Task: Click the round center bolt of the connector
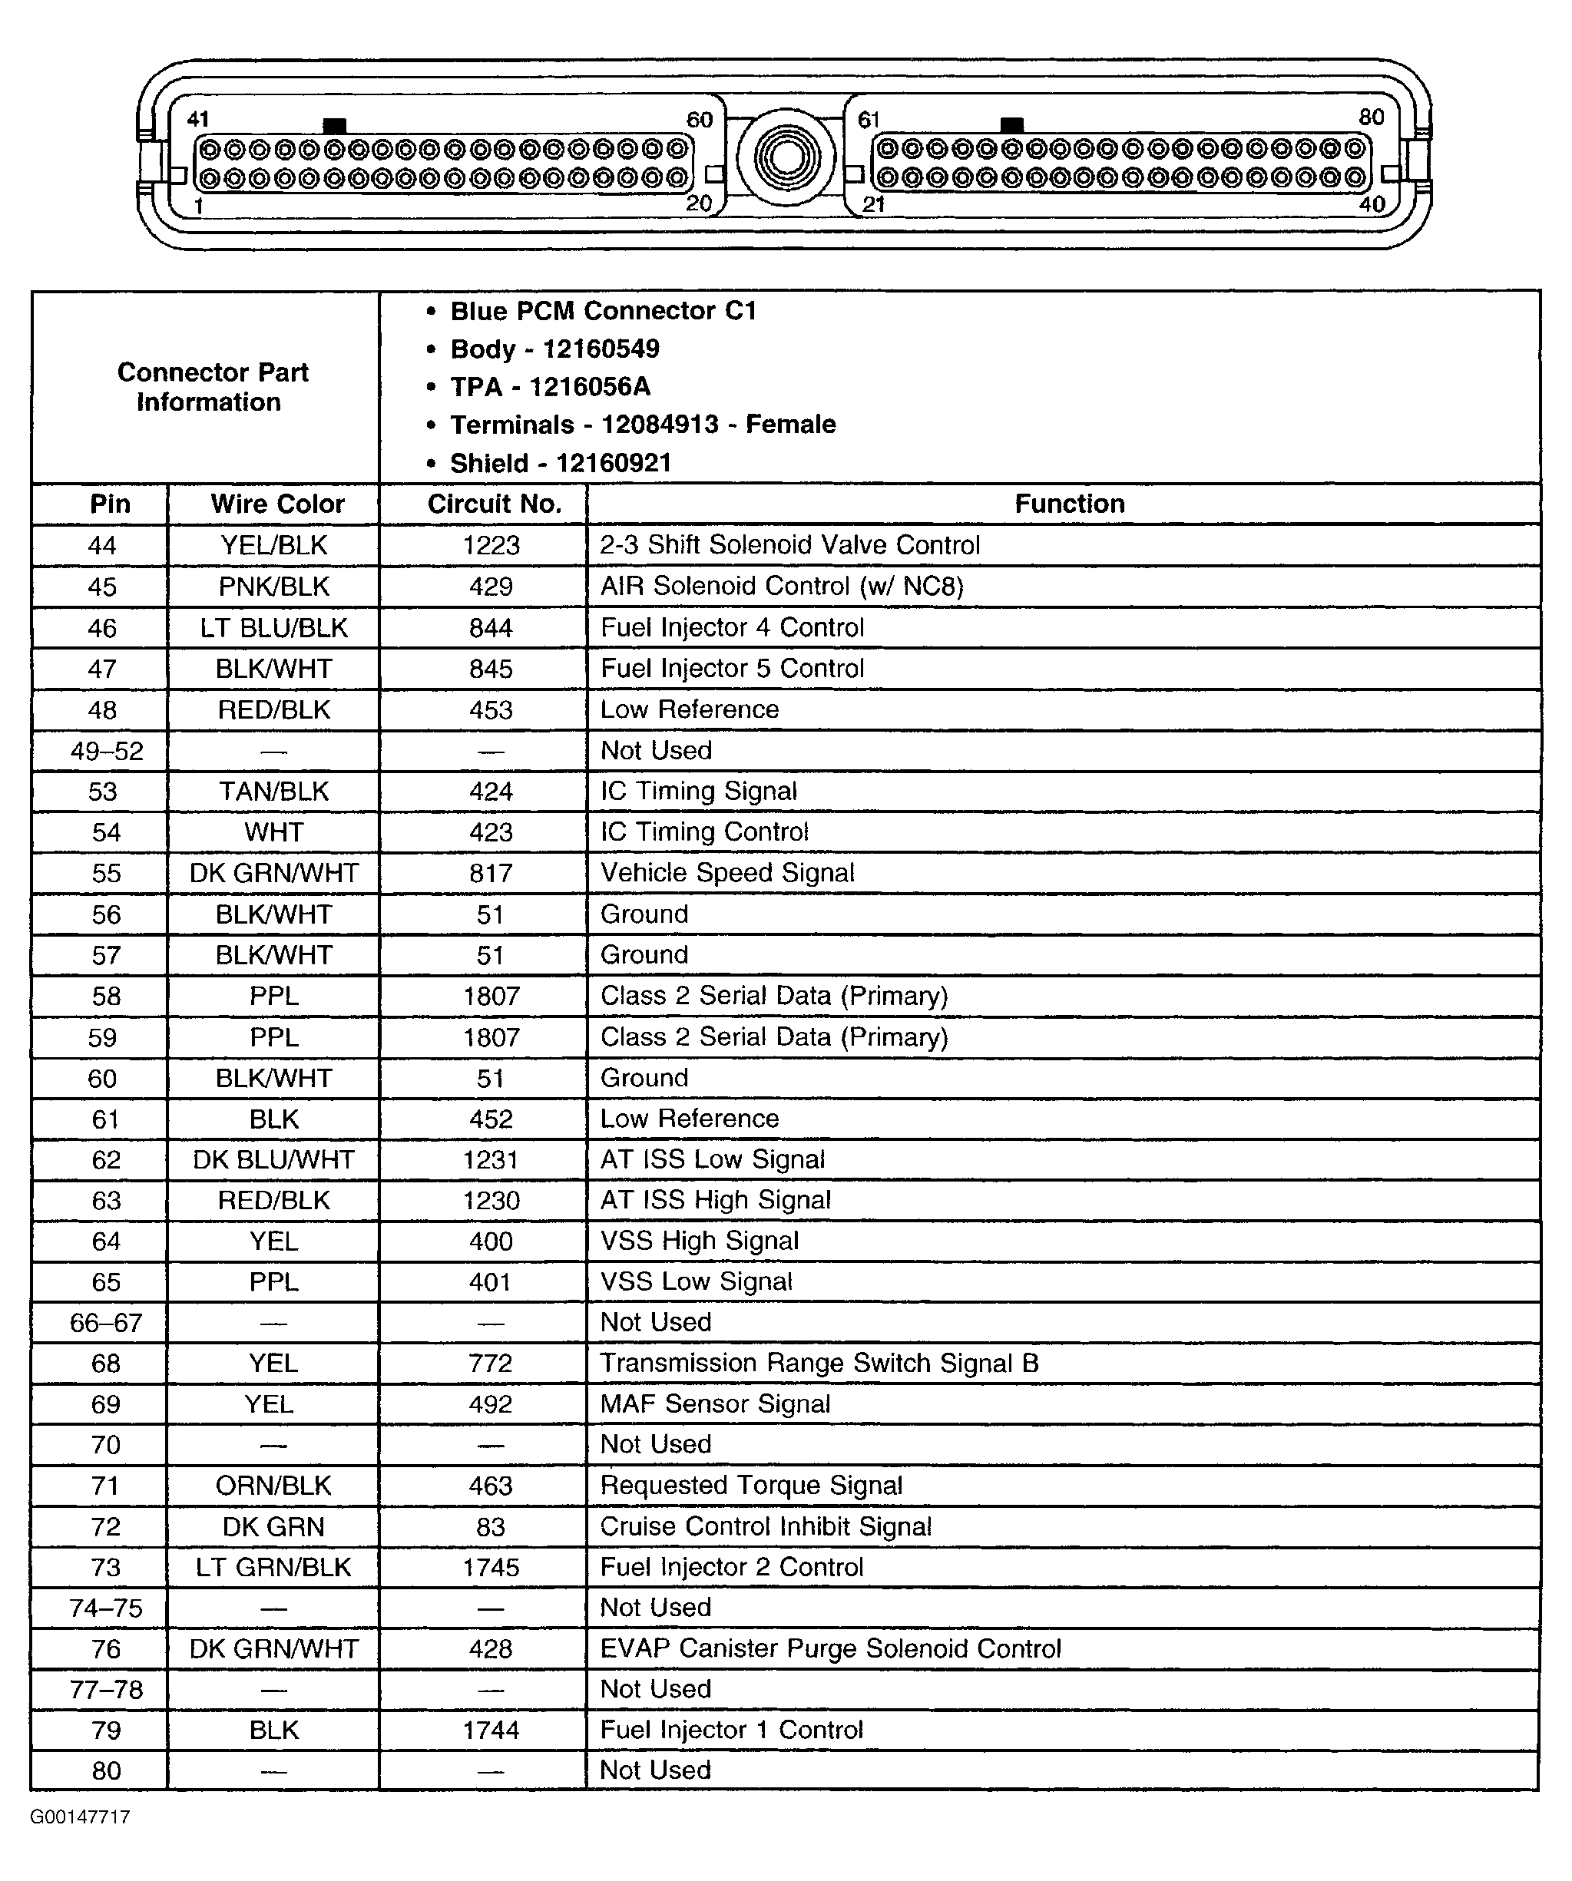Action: pyautogui.click(x=786, y=158)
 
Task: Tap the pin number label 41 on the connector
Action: pyautogui.click(x=198, y=119)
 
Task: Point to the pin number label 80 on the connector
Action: pyautogui.click(x=1372, y=117)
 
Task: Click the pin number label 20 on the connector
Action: pyautogui.click(x=699, y=204)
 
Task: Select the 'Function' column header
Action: pyautogui.click(x=1068, y=504)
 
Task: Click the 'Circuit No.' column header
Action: pyautogui.click(x=495, y=504)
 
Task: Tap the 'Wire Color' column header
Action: pyautogui.click(x=276, y=504)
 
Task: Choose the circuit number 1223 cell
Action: pyautogui.click(x=491, y=545)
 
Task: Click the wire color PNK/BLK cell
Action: pyautogui.click(x=274, y=587)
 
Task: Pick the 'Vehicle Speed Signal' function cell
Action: pyautogui.click(x=727, y=872)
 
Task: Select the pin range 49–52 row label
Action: pyautogui.click(x=107, y=751)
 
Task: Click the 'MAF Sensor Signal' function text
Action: pyautogui.click(x=715, y=1403)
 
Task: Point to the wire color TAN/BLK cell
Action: pyautogui.click(x=274, y=792)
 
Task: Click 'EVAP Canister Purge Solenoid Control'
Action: pyautogui.click(x=830, y=1649)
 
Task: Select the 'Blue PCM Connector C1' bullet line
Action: pyautogui.click(x=603, y=311)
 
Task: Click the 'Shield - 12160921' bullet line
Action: pyautogui.click(x=560, y=463)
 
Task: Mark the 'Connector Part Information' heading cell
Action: pyautogui.click(x=211, y=387)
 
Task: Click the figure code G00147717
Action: pyautogui.click(x=81, y=1817)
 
